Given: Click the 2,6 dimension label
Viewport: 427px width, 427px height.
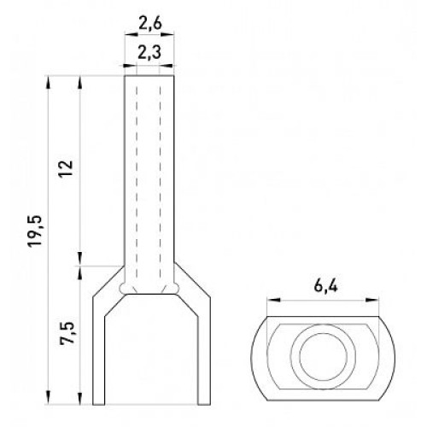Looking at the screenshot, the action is click(150, 24).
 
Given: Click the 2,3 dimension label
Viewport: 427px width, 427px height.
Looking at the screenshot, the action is click(149, 53).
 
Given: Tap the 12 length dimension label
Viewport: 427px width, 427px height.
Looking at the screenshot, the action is click(66, 169).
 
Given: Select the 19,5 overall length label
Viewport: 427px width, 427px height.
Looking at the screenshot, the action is click(35, 231).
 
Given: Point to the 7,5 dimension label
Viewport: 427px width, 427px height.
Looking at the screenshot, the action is click(67, 333).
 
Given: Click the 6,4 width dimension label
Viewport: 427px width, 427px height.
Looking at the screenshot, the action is click(326, 285).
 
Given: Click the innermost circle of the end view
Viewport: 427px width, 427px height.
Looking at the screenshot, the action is click(324, 357).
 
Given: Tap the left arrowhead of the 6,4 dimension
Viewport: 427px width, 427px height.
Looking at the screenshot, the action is click(273, 300).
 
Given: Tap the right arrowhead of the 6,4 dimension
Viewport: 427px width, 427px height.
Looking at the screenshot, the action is click(372, 300).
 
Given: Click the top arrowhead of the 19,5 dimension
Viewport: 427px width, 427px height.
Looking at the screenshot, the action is click(48, 83).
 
